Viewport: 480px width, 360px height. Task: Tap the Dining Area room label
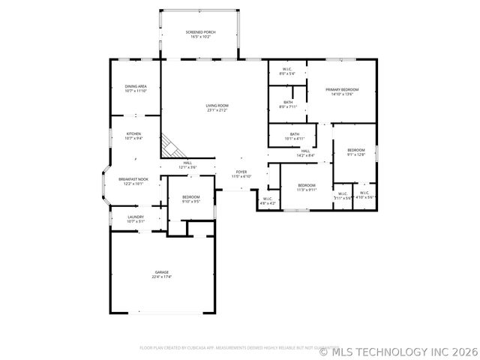tap(136, 88)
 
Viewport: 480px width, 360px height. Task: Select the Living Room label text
tap(217, 108)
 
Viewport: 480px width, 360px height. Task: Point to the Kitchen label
tap(133, 136)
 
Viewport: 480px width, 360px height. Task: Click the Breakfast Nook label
tap(133, 181)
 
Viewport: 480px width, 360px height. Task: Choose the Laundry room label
tap(136, 219)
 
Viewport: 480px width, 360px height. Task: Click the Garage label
tap(162, 274)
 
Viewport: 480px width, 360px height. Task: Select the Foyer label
tap(241, 174)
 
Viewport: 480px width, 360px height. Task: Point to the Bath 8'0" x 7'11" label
tap(288, 104)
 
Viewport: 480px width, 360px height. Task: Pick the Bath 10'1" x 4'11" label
tap(293, 136)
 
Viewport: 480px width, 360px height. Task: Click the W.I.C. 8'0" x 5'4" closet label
tap(287, 72)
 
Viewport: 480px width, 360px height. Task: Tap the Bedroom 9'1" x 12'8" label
tap(356, 152)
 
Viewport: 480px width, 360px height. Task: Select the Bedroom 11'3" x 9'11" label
tap(307, 187)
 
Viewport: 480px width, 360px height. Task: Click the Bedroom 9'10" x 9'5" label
tap(190, 199)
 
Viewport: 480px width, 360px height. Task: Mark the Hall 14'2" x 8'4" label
tap(306, 153)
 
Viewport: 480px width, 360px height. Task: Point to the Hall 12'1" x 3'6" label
tap(187, 164)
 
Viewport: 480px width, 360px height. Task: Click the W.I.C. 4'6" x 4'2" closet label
tap(268, 201)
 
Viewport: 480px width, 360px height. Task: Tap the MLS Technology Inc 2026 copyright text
tap(398, 350)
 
